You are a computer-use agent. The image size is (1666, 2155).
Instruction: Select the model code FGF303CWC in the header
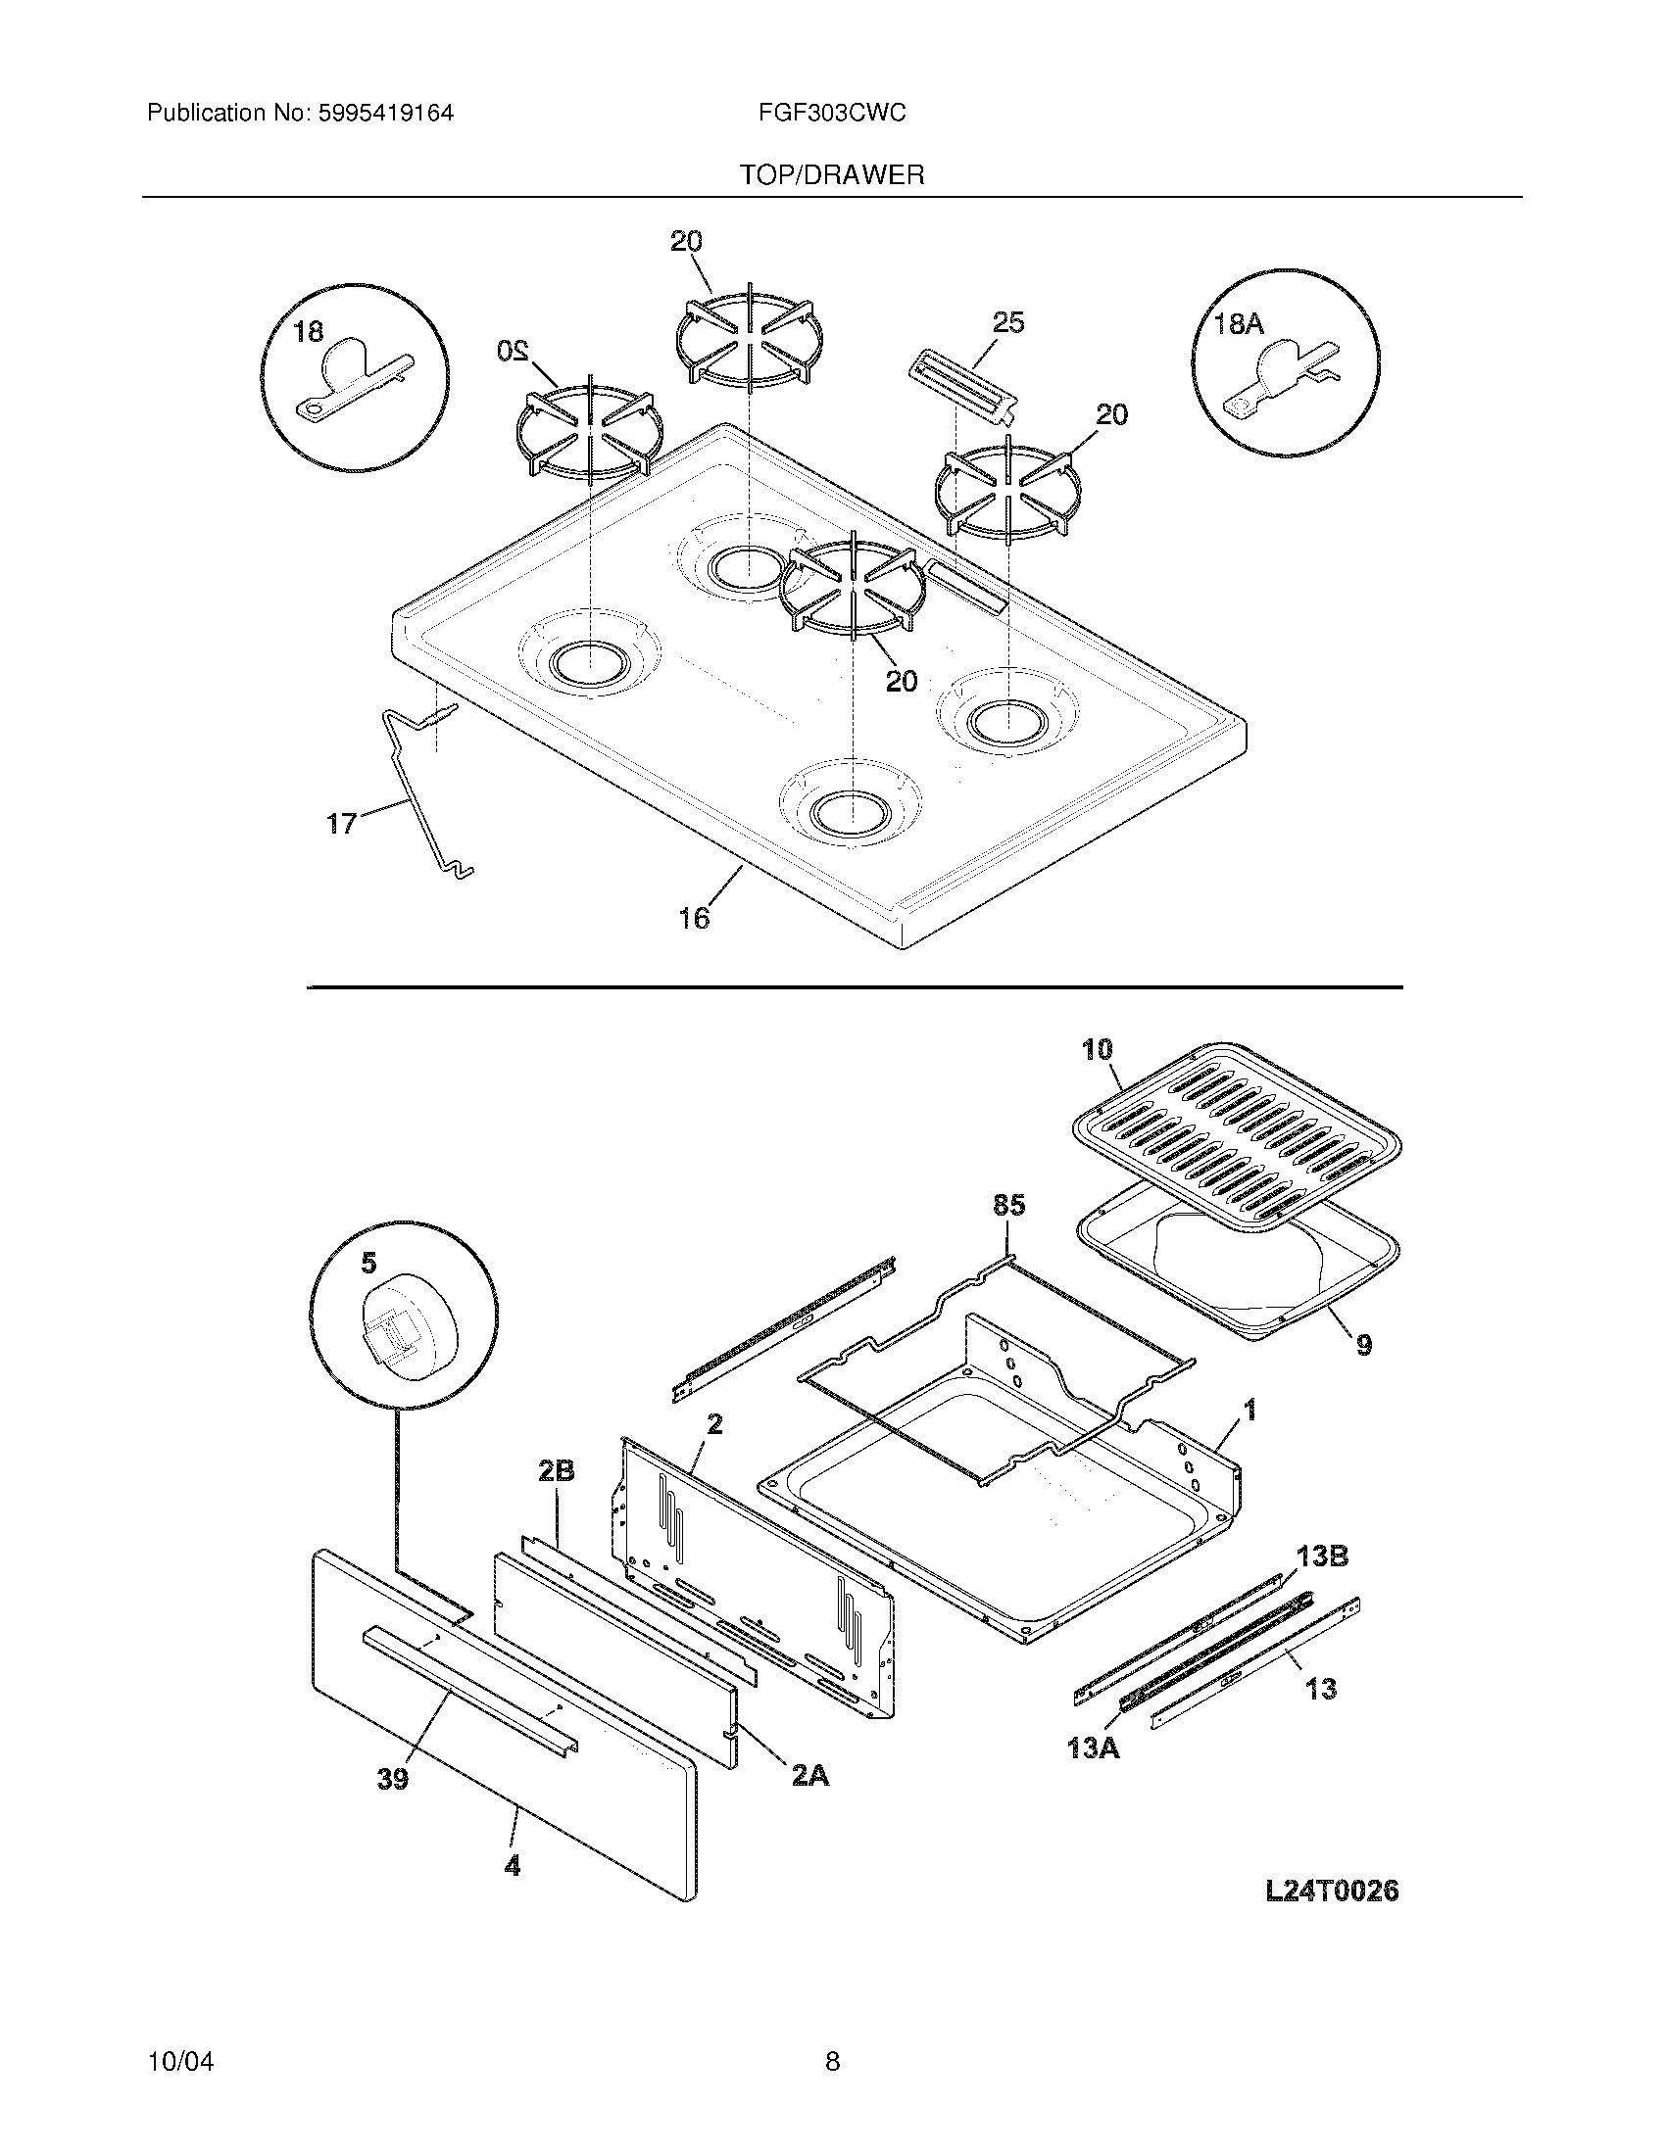coord(832,114)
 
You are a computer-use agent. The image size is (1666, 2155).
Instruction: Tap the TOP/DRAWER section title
coord(832,175)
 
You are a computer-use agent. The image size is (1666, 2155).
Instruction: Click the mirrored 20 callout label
coord(514,350)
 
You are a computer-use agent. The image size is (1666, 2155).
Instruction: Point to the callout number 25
coord(1007,322)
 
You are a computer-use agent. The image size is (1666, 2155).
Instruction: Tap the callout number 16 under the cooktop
coord(693,919)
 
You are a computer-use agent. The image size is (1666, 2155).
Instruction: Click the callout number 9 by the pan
coord(1363,1344)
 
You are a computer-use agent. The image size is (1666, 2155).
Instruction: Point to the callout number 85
coord(1008,1205)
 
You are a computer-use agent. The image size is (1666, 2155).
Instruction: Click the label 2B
coord(556,1498)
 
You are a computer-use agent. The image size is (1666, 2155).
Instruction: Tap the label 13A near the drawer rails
coord(1093,1748)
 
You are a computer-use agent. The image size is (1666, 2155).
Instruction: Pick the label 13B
coord(1323,1557)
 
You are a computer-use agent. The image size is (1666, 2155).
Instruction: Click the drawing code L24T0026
coord(1332,1891)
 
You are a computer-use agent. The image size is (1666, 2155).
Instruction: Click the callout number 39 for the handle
coord(392,1779)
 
